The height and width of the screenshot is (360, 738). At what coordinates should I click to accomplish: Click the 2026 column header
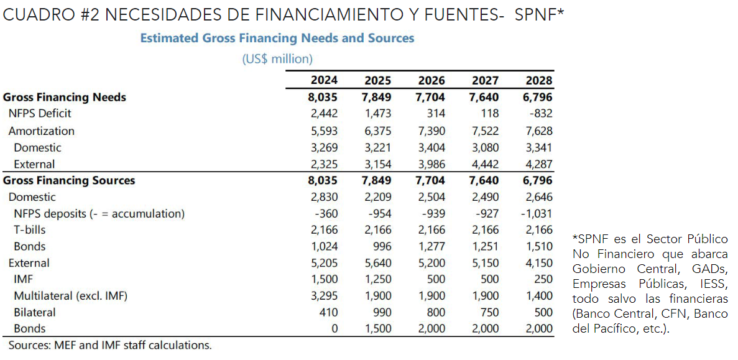point(431,80)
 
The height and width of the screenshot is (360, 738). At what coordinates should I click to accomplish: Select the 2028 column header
point(538,80)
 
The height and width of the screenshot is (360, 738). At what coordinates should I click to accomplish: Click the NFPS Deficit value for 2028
point(540,114)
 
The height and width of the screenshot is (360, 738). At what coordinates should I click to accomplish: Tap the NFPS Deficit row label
point(40,114)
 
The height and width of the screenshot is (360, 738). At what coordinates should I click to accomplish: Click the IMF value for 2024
point(325,280)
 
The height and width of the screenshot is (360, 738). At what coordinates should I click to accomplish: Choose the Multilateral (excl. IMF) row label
point(70,296)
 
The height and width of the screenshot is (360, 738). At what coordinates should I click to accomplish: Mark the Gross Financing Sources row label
point(69,180)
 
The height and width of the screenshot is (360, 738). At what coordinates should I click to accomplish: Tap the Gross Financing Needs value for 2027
point(485,97)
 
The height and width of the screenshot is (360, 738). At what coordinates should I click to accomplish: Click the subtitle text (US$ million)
point(277,59)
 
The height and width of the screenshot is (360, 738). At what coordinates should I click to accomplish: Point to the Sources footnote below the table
point(110,344)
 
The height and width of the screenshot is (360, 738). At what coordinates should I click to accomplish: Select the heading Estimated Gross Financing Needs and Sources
point(277,38)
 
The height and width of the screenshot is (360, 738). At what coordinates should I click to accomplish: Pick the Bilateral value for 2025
point(381,312)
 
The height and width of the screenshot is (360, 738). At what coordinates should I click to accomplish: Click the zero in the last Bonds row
point(334,328)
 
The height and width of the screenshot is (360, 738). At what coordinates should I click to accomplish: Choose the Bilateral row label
point(35,312)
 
